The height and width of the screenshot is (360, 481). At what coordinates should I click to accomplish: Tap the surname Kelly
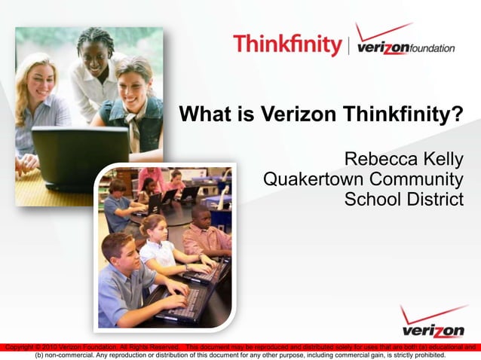(443, 160)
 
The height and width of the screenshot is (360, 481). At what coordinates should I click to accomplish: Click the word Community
(420, 180)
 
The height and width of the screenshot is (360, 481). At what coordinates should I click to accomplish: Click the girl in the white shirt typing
(159, 245)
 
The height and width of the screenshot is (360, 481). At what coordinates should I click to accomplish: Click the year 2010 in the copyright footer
(44, 347)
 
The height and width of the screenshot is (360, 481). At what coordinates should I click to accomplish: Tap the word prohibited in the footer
(425, 355)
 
